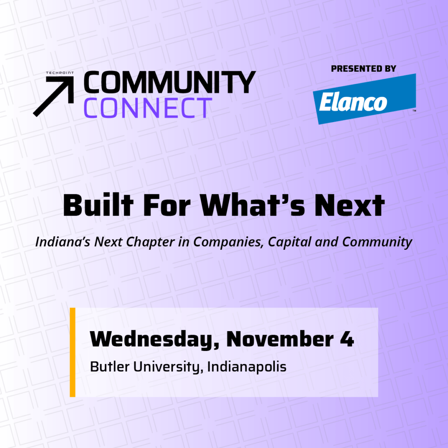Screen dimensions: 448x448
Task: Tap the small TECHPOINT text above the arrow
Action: pyautogui.click(x=59, y=73)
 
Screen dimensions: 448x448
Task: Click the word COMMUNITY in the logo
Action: pyautogui.click(x=170, y=82)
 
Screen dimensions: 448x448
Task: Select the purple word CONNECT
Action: pyautogui.click(x=148, y=108)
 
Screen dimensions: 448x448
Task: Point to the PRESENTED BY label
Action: pyautogui.click(x=364, y=69)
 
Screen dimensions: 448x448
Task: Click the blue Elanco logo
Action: pyautogui.click(x=364, y=99)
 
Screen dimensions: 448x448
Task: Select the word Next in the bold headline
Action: pyautogui.click(x=350, y=206)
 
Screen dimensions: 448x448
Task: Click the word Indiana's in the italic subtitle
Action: pyautogui.click(x=63, y=241)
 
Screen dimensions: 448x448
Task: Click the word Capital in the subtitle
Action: pyautogui.click(x=290, y=242)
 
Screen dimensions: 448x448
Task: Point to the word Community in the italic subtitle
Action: pyautogui.click(x=377, y=242)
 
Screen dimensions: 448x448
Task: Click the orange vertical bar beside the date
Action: pyautogui.click(x=73, y=352)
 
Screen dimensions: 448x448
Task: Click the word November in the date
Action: pyautogui.click(x=280, y=339)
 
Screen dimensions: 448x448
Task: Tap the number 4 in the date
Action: pyautogui.click(x=347, y=339)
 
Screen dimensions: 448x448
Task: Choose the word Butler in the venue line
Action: pyautogui.click(x=110, y=367)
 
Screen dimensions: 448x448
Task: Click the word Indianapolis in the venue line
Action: pyautogui.click(x=247, y=367)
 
